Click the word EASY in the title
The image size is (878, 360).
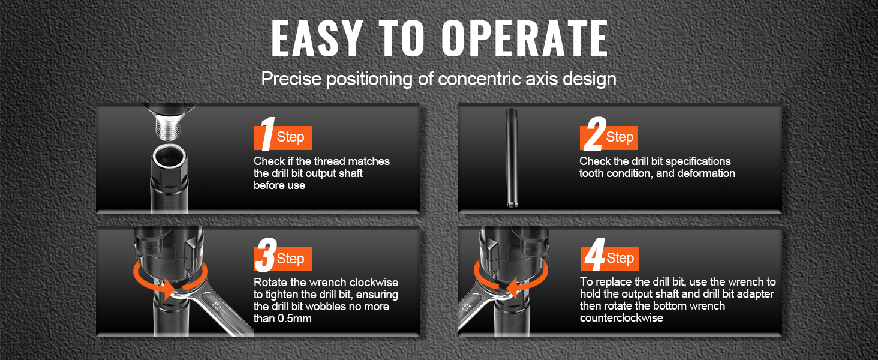(x=316, y=38)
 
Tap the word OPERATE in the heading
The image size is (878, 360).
(x=525, y=38)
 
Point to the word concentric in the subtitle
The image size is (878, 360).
(x=480, y=79)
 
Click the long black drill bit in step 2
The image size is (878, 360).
(x=511, y=158)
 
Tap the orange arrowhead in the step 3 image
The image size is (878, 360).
(x=169, y=289)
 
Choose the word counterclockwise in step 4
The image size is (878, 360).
(x=622, y=317)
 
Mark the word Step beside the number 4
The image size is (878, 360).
(x=620, y=258)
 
